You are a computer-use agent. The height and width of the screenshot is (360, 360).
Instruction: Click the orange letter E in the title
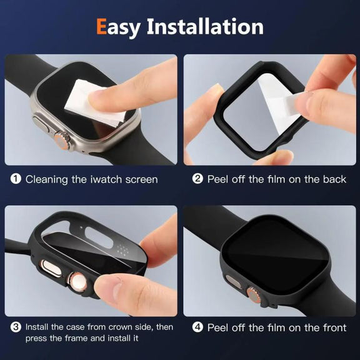click(x=101, y=26)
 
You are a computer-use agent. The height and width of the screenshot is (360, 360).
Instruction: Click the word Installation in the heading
click(x=205, y=26)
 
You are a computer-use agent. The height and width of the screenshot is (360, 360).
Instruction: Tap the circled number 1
click(x=16, y=179)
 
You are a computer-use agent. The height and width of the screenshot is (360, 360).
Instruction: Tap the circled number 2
click(x=197, y=179)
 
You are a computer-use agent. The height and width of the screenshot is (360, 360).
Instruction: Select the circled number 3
click(x=16, y=327)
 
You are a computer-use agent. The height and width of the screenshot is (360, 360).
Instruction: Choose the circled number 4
click(x=197, y=327)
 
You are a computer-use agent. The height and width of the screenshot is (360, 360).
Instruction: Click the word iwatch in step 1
click(x=106, y=179)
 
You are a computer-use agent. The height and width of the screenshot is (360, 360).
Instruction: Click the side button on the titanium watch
click(x=41, y=124)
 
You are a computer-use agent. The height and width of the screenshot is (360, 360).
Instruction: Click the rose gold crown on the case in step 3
click(x=77, y=282)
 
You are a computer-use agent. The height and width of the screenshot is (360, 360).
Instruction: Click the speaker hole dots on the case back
click(x=122, y=249)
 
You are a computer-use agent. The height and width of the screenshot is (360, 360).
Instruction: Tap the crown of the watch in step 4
click(x=254, y=294)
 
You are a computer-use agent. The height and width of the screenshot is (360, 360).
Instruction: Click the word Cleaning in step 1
click(x=47, y=179)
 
